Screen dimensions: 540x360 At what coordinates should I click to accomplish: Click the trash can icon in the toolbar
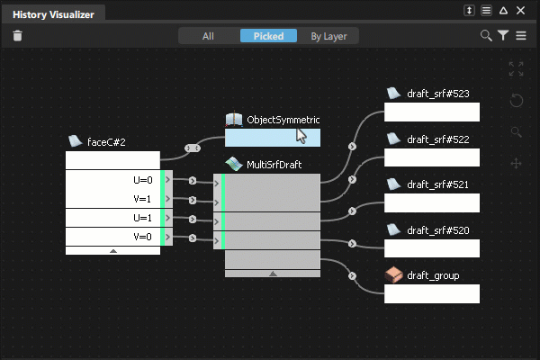(x=18, y=35)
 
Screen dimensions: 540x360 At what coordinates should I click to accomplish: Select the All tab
(x=208, y=36)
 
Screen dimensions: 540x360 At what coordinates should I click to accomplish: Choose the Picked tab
(x=268, y=36)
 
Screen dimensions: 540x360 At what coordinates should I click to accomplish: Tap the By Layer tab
(x=328, y=36)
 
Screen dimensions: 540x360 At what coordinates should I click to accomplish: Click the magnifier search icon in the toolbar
(x=486, y=35)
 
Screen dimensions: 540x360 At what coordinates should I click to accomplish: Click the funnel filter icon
(x=503, y=35)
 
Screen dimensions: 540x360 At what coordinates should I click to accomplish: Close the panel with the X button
(x=520, y=11)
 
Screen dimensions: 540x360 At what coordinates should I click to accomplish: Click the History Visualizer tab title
(x=53, y=14)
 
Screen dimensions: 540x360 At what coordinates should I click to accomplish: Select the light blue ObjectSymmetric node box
(x=273, y=138)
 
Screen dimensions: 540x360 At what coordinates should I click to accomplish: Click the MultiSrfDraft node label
(x=274, y=165)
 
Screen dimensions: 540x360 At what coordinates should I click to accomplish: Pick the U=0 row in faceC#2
(x=113, y=179)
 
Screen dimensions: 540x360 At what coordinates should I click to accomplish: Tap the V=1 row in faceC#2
(x=113, y=198)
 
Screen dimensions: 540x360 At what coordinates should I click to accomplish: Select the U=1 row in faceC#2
(x=113, y=218)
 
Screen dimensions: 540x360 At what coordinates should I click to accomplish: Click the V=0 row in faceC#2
(x=113, y=237)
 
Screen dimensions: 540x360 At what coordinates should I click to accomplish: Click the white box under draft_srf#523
(x=432, y=112)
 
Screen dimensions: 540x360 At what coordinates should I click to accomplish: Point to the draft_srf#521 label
(x=437, y=185)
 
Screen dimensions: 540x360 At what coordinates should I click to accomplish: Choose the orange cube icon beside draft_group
(x=393, y=274)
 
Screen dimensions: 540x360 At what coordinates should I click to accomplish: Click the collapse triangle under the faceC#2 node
(x=113, y=251)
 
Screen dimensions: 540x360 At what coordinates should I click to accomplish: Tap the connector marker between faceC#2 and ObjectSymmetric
(x=193, y=148)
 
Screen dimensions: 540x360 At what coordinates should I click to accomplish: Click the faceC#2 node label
(x=106, y=142)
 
